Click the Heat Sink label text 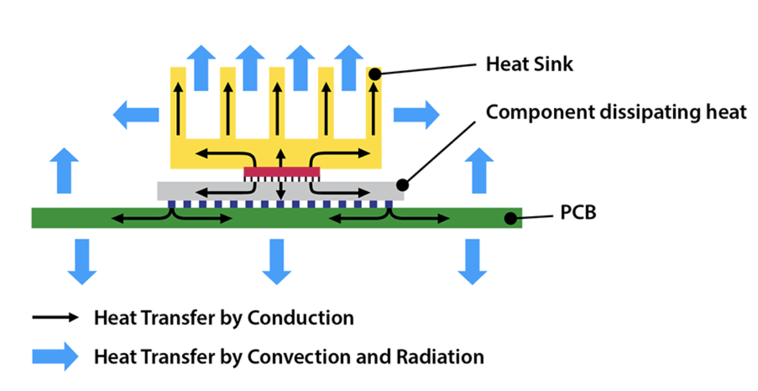point(529,64)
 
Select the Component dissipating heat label point(616,113)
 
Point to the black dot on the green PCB point(511,217)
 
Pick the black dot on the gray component point(402,183)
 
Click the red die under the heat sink point(282,172)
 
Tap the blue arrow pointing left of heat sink point(136,114)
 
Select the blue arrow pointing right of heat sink point(416,114)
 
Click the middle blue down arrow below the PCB point(277,261)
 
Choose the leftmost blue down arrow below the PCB point(82,261)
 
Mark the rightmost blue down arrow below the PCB point(472,261)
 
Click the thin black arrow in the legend point(55,317)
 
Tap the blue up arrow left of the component point(64,171)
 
